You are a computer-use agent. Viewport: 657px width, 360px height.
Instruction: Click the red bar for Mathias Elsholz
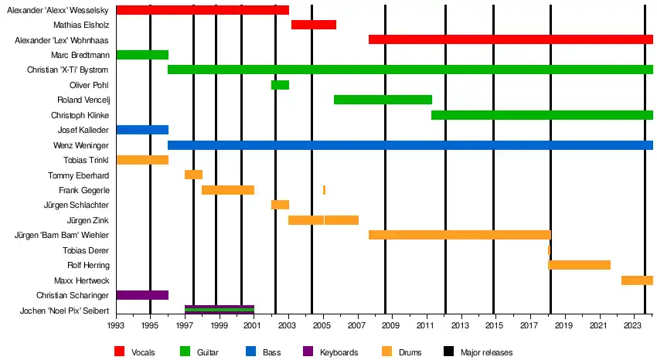coord(313,25)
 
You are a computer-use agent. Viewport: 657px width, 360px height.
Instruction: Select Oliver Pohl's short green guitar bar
coord(280,85)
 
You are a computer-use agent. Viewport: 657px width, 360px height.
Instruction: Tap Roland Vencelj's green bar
coord(383,100)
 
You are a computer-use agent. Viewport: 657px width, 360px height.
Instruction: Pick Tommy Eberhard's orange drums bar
coord(193,175)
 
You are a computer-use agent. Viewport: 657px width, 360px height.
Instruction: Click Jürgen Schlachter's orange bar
coord(280,205)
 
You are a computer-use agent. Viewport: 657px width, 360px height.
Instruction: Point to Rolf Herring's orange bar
coord(579,265)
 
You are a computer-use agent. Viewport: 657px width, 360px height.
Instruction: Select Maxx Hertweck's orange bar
coord(637,280)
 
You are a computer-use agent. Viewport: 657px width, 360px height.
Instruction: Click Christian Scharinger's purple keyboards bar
coord(142,295)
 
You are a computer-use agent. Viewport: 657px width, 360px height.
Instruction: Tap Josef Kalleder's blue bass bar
coord(142,130)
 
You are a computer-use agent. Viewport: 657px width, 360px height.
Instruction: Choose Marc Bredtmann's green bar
coord(142,55)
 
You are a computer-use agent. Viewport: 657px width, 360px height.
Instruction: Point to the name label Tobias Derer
coord(86,250)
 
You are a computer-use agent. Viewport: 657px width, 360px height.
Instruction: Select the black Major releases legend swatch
coord(448,352)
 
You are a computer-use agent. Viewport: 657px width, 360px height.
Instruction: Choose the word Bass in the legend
coord(271,353)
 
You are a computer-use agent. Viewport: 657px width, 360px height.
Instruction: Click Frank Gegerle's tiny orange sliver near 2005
coord(324,190)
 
